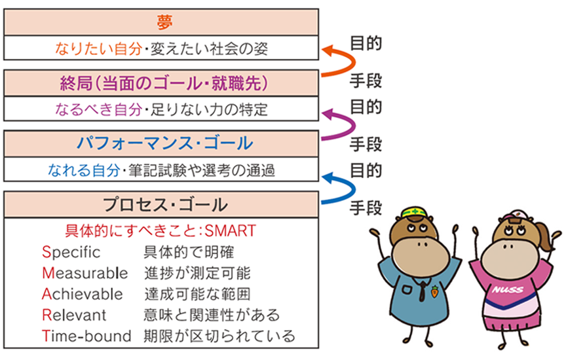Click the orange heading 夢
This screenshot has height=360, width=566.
point(164,22)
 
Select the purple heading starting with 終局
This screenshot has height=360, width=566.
point(164,83)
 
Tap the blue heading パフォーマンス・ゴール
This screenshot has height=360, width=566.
point(165,143)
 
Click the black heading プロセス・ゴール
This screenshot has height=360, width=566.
point(165,204)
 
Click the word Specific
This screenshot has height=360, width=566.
point(71,252)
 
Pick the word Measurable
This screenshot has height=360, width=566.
point(85,273)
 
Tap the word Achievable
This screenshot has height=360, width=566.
point(83,294)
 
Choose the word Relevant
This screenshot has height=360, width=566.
point(74,315)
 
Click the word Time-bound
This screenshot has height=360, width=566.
point(86,336)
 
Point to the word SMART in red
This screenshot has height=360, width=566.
point(231,230)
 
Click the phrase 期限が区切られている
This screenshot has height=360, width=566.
point(219,336)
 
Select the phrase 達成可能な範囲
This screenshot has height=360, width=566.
point(197,294)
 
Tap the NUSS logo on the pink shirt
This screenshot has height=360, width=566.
point(508,290)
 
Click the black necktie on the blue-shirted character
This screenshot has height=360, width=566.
point(422,291)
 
